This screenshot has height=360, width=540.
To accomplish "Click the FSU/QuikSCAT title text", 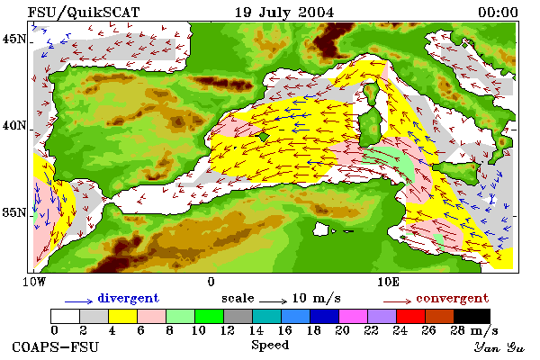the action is [84, 13].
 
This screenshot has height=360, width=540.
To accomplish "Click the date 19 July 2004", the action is [284, 13].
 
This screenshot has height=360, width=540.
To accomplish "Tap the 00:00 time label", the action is [498, 13].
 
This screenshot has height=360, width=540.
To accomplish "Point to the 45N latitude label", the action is [14, 39].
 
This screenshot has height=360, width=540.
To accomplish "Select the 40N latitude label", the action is [14, 125].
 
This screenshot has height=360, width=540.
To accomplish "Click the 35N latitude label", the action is [14, 212].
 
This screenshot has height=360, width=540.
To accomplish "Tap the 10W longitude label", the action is [34, 282].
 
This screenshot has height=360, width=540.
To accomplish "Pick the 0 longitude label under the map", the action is [211, 282].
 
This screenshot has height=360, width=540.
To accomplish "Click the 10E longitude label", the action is [389, 282].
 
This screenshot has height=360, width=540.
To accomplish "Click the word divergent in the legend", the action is [129, 298].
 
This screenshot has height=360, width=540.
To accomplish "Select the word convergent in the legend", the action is [452, 298].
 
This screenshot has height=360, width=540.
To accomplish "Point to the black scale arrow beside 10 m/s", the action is [273, 301].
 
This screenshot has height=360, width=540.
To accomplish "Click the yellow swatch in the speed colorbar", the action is [122, 316].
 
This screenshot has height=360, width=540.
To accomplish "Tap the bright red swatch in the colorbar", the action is [411, 316].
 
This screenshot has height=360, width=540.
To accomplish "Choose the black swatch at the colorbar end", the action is [472, 316].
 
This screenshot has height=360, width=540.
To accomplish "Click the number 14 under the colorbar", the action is [256, 330].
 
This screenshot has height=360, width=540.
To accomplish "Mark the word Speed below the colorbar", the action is [270, 346].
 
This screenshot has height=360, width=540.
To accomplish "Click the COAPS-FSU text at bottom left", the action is [56, 346].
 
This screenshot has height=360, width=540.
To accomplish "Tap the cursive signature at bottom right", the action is [499, 347].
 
